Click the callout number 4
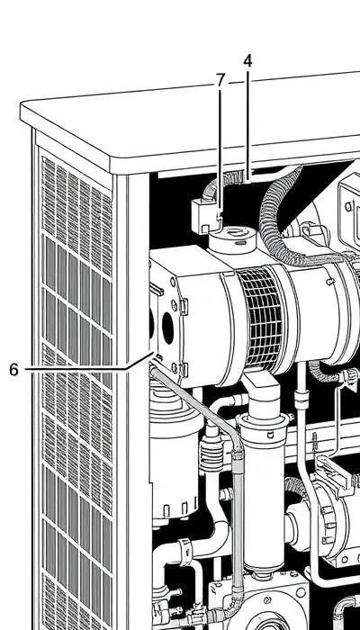[247, 61]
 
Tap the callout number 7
[220, 80]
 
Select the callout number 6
[14, 370]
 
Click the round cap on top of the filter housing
[232, 239]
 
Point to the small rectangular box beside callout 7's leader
[205, 216]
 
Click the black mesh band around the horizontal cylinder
[261, 319]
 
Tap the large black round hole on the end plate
[167, 328]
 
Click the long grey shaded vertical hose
[238, 518]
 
